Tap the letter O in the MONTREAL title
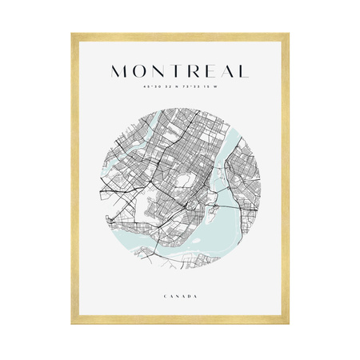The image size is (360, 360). [138, 71]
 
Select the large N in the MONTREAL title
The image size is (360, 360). [157, 71]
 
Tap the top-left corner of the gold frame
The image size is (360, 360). [73, 34]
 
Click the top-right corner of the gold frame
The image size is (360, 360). [287, 34]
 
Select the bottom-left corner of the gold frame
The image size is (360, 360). [73, 322]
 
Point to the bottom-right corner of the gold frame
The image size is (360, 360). [287, 322]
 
